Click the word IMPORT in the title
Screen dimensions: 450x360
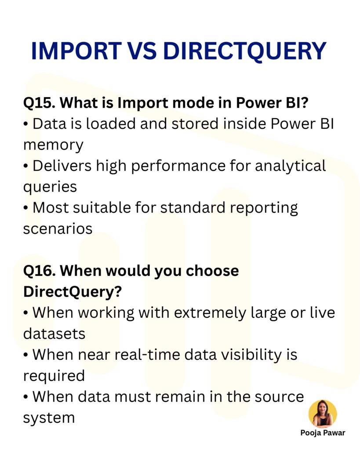(75, 51)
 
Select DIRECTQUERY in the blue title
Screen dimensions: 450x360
(244, 51)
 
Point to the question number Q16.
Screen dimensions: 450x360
(37, 271)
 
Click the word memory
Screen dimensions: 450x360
(53, 145)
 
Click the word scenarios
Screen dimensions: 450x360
(58, 229)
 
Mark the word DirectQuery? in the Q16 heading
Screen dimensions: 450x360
(72, 292)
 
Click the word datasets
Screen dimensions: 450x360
(54, 334)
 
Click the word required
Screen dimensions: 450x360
(54, 376)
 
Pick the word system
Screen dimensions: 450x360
(48, 417)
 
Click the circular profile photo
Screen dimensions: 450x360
(323, 414)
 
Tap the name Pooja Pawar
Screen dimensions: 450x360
(323, 433)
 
